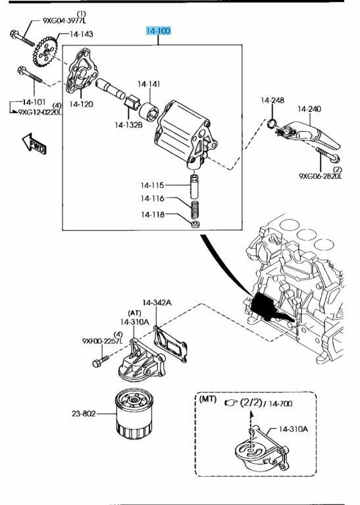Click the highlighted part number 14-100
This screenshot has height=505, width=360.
coord(158,32)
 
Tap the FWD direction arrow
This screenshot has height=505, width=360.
coord(34,144)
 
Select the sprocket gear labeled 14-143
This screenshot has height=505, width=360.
coord(45,51)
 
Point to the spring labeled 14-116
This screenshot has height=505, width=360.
coord(195,209)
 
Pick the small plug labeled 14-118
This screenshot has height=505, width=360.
coord(195,224)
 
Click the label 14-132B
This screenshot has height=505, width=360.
coord(128,125)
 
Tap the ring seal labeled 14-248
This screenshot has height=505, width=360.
coord(272,123)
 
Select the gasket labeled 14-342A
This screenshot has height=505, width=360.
coord(170,344)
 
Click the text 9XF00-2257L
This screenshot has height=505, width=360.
coord(103,341)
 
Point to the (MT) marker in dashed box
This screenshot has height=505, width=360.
coord(208,399)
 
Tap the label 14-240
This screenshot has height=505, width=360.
coord(309,109)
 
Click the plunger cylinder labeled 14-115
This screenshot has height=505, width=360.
coord(194,186)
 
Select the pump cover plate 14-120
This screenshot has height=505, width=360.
coord(81,70)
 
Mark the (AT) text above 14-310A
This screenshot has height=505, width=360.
coord(134,313)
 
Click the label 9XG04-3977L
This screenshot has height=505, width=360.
coord(64,20)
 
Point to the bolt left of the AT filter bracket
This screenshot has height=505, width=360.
coord(100,361)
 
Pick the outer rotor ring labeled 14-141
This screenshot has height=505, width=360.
coord(149,110)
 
